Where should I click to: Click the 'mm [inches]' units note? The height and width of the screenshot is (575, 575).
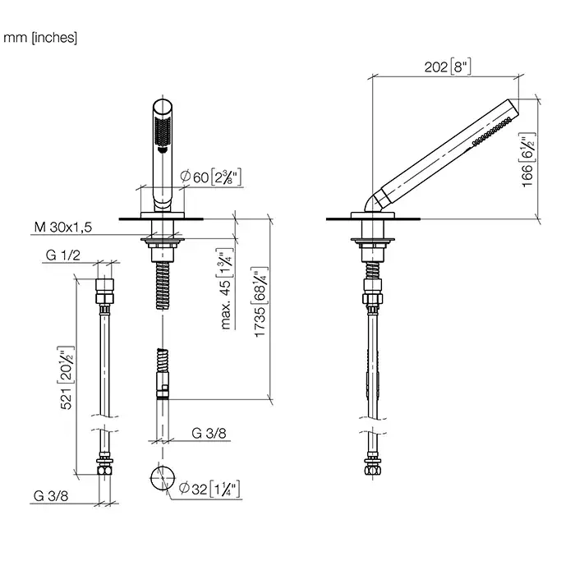[x=40, y=38]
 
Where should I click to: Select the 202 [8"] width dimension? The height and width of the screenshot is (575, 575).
[x=448, y=67]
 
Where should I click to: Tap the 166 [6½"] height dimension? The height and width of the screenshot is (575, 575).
[x=528, y=160]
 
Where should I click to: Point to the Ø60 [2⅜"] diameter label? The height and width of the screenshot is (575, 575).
[x=211, y=177]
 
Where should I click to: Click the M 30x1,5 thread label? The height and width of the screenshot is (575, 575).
[x=63, y=228]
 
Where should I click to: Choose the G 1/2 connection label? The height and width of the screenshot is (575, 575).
[x=62, y=255]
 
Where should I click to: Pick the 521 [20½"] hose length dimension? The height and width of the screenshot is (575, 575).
[x=66, y=378]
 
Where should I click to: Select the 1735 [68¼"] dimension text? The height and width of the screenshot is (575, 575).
[x=260, y=301]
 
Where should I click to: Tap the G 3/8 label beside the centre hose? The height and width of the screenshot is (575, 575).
[x=209, y=433]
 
